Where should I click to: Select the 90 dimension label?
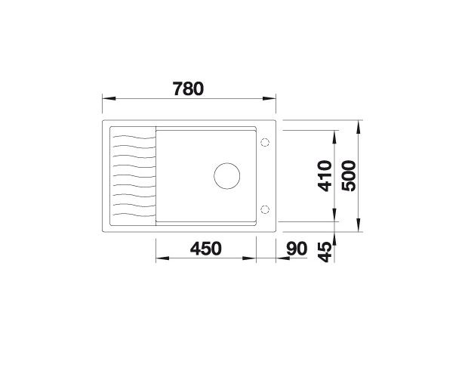click(297, 248)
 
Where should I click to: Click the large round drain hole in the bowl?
click(227, 175)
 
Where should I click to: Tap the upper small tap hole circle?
click(265, 142)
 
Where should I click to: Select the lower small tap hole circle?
click(265, 209)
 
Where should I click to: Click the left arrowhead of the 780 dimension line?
click(106, 98)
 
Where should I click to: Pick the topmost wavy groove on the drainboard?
click(131, 135)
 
